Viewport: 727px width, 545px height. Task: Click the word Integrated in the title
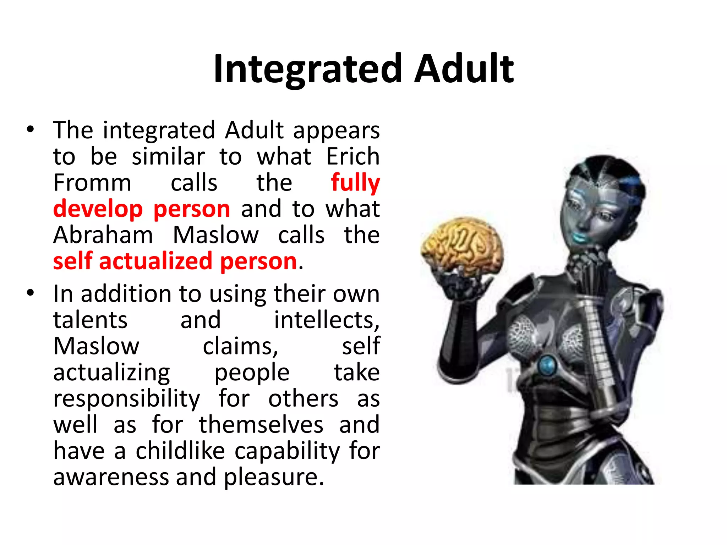coord(307,69)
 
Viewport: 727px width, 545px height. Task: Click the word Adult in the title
coord(464,69)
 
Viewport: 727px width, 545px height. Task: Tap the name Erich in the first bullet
coord(353,156)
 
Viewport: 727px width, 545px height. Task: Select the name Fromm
coord(92,183)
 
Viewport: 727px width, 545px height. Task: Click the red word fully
coord(355,183)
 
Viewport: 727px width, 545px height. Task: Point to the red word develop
coord(98,209)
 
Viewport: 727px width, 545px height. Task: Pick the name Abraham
coord(103,235)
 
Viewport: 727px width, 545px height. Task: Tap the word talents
coord(90,320)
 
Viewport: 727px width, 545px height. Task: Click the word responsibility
coord(126,399)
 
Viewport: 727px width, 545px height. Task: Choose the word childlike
coord(180,451)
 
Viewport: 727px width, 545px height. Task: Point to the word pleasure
coord(273,477)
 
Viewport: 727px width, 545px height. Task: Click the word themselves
coord(261,425)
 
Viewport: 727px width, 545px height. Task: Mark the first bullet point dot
coord(31,130)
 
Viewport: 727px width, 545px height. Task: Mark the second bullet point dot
coord(31,293)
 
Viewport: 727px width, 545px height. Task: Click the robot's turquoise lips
coord(580,236)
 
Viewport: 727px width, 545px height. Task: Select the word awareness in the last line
coord(111,477)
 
